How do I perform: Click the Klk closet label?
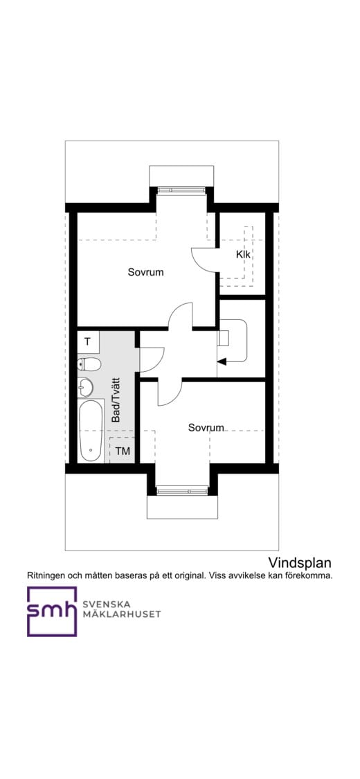(x=243, y=255)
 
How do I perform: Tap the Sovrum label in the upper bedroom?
(x=145, y=272)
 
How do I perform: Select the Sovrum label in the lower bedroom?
(x=206, y=428)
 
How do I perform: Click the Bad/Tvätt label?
(x=116, y=400)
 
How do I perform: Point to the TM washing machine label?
(x=123, y=451)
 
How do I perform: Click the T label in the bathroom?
(x=87, y=341)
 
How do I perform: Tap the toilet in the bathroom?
(x=89, y=364)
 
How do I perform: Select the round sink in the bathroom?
(x=85, y=386)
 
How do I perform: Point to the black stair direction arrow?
(x=222, y=360)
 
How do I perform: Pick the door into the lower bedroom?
(x=168, y=393)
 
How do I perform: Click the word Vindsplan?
(x=300, y=562)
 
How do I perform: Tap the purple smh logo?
(x=52, y=611)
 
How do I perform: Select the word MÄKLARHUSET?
(x=121, y=614)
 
